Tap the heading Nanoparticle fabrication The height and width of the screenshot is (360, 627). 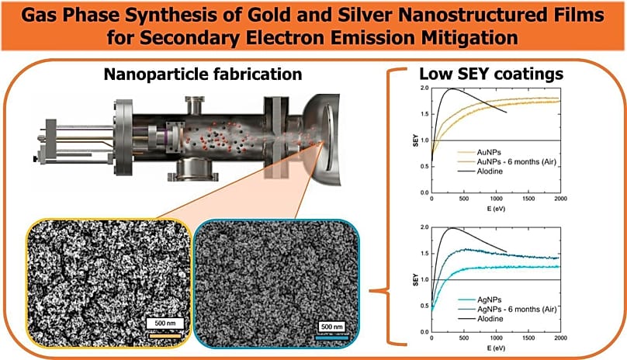(203, 74)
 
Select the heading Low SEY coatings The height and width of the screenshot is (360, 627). (491, 74)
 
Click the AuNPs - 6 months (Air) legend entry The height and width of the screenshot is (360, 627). (517, 162)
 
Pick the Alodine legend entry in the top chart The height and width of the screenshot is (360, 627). (490, 171)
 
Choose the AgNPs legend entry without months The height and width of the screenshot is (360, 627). (490, 299)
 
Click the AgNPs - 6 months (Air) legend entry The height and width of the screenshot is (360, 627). (517, 310)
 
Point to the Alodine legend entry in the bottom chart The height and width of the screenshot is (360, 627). (490, 319)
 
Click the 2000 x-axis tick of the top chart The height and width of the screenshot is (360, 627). (560, 199)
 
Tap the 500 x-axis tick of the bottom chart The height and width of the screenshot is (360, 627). (464, 338)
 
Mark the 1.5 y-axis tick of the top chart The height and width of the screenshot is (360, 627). (424, 114)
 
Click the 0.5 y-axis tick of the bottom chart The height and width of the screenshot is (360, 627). (424, 306)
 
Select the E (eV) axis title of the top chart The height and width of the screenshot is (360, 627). (496, 209)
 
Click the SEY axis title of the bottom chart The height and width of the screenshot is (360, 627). (415, 279)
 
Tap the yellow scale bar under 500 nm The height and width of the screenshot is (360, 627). (165, 336)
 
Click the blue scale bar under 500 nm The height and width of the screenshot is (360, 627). (332, 338)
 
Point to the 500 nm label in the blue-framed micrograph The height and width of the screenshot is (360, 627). (332, 327)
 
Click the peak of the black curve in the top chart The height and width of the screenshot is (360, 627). (452, 88)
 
